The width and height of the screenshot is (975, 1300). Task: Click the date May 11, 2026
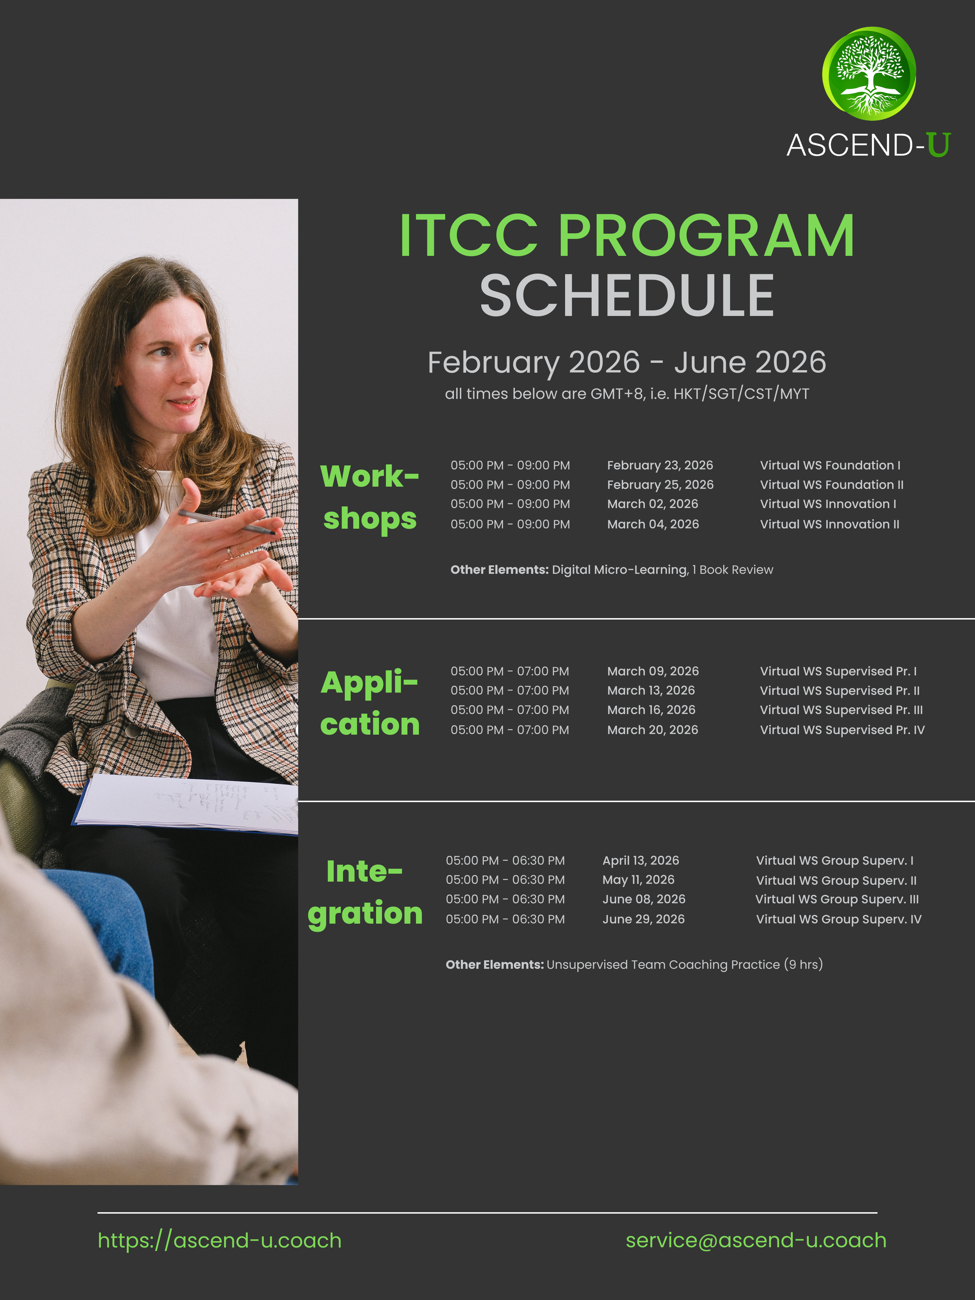pos(638,880)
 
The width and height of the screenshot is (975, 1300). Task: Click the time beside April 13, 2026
pos(505,860)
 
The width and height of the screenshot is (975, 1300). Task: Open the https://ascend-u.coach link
pos(219,1240)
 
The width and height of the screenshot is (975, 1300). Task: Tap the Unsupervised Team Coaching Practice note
pos(634,965)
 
